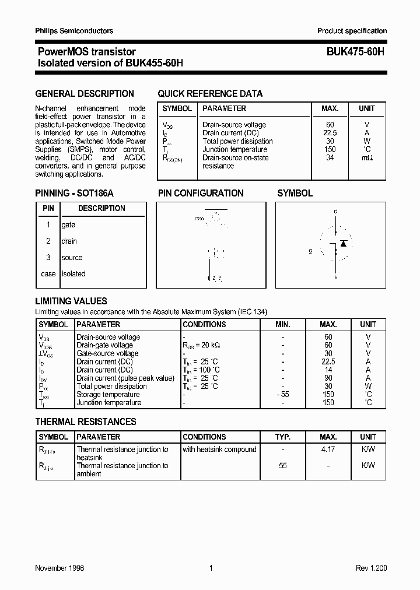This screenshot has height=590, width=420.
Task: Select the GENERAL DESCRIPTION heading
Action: pos(85,93)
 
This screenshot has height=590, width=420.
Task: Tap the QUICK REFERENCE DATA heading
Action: pos(210,93)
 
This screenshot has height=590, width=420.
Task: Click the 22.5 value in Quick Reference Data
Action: pos(330,133)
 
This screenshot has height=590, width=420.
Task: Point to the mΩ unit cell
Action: pos(367,157)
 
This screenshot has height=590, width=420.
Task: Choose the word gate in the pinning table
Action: pos(68,225)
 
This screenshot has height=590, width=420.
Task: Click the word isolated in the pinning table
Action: pos(73,274)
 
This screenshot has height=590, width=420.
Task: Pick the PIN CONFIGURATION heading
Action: pos(201,194)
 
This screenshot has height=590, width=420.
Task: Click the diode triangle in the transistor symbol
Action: pos(344,243)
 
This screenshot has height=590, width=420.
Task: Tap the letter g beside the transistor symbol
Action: pos(311,251)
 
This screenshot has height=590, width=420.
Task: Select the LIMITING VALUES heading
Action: pos(71,301)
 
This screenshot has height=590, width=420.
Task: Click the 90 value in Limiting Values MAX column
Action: pos(328,378)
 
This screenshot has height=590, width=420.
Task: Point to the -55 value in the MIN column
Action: pos(282,395)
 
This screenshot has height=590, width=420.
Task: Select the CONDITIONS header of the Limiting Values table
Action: pos(204,324)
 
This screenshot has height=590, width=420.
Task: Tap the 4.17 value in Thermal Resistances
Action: pos(328,449)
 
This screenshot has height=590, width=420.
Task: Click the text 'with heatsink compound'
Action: pos(219,449)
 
